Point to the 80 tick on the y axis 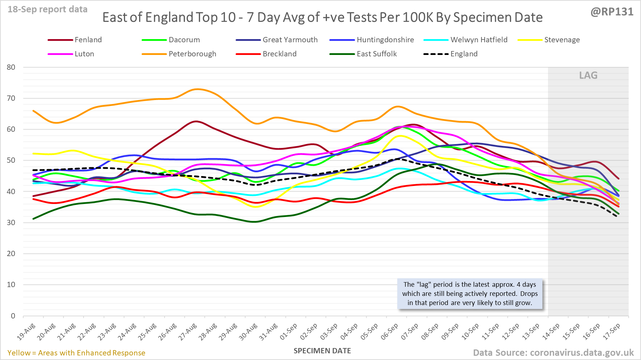coord(11,67)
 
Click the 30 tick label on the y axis coord(11,223)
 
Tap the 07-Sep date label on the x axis coord(410,331)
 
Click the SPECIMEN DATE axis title coord(322,351)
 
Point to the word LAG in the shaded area coord(588,75)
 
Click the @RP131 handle coord(612,12)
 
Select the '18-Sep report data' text coord(48,10)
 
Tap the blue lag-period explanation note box coord(470,294)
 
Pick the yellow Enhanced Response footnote coord(76,353)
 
